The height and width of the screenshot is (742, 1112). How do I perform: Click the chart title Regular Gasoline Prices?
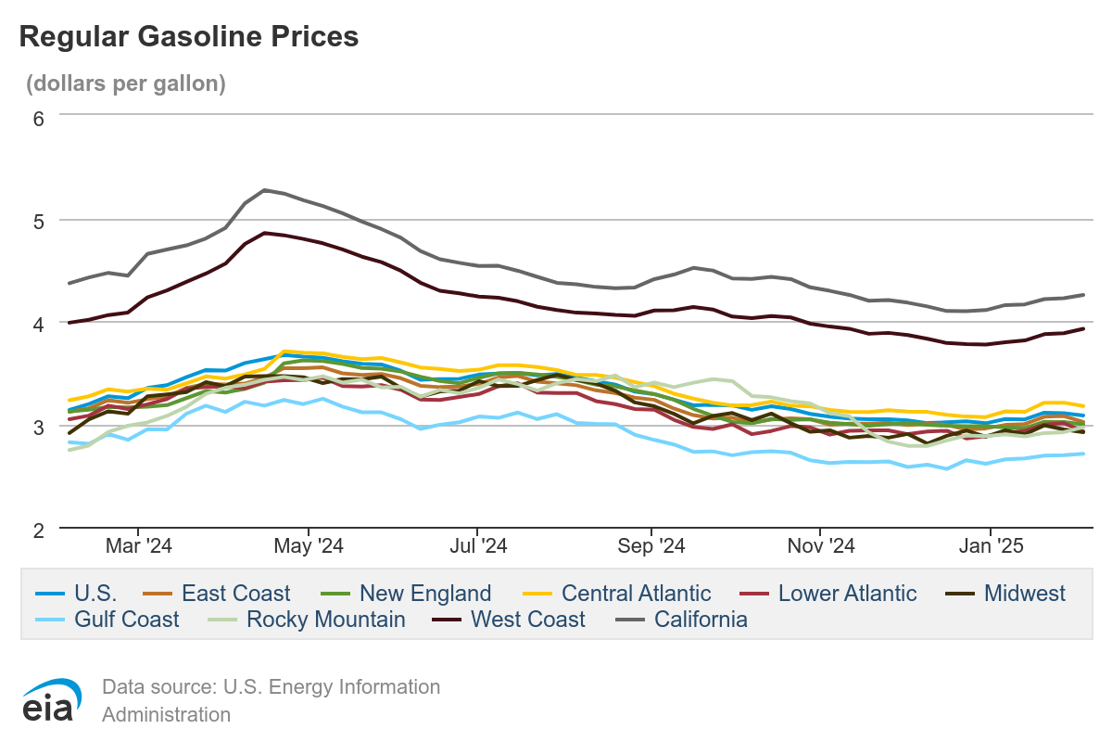[x=189, y=37]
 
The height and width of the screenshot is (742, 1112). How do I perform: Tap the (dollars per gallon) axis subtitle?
[x=126, y=83]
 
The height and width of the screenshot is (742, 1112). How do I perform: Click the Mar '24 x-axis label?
[x=140, y=547]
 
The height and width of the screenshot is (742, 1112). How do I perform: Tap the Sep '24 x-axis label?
[x=652, y=547]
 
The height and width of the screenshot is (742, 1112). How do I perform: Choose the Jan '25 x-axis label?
[x=992, y=547]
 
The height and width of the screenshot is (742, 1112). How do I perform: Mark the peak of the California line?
[x=265, y=190]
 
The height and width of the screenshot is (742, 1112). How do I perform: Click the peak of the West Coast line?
[x=265, y=233]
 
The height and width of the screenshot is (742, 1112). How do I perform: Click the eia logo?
[x=52, y=701]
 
